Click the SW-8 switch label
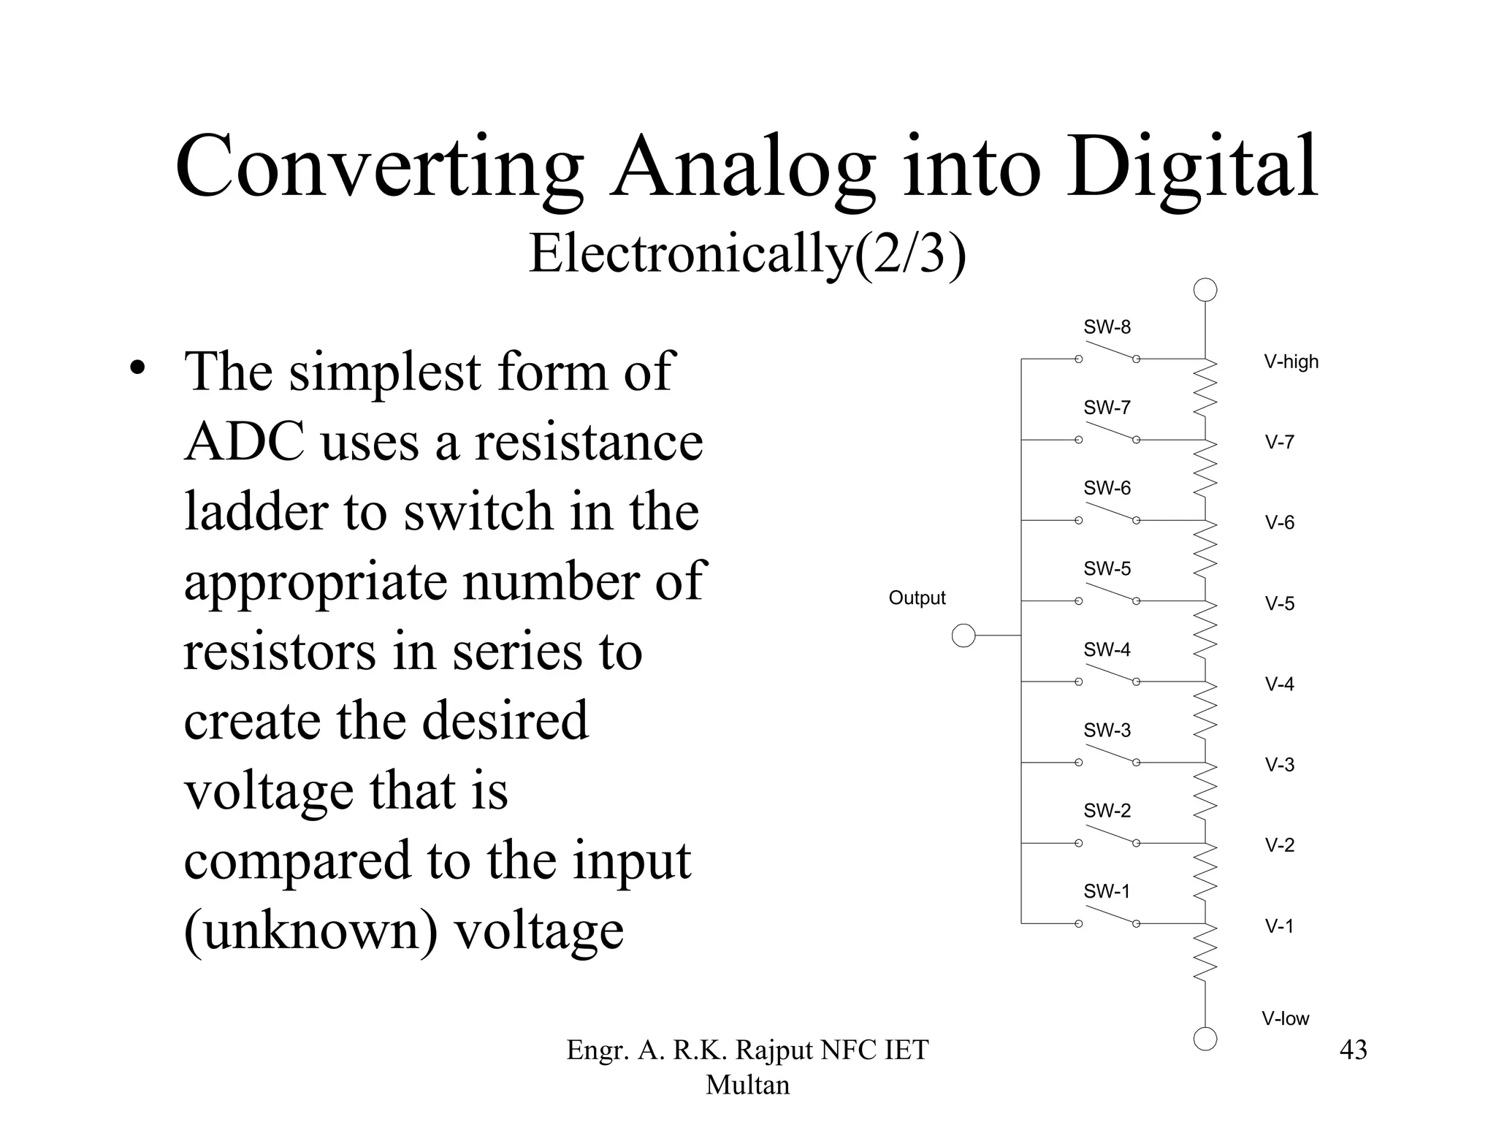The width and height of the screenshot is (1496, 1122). [x=1107, y=327]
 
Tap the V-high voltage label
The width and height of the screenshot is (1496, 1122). [x=1291, y=362]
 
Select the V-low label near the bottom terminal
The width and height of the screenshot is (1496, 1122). [x=1285, y=1018]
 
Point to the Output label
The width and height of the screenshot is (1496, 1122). [x=917, y=598]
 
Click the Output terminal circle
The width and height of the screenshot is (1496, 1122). [x=963, y=636]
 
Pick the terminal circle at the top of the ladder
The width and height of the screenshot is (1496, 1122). [x=1205, y=290]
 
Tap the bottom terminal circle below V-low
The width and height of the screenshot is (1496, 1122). [x=1205, y=1038]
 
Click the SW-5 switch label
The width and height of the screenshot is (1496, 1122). [x=1107, y=568]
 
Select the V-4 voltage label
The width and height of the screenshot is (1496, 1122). [x=1279, y=684]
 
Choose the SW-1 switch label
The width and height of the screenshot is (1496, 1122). [x=1107, y=891]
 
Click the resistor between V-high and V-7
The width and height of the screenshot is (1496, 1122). [x=1205, y=399]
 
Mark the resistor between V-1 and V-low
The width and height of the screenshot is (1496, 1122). [x=1205, y=963]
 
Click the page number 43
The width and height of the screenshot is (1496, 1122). [x=1353, y=1050]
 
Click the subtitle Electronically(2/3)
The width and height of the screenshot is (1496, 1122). [x=747, y=253]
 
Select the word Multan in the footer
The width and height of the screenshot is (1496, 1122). [x=747, y=1085]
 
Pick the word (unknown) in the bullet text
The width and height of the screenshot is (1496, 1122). [x=310, y=930]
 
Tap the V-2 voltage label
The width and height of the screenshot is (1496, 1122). [x=1279, y=845]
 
